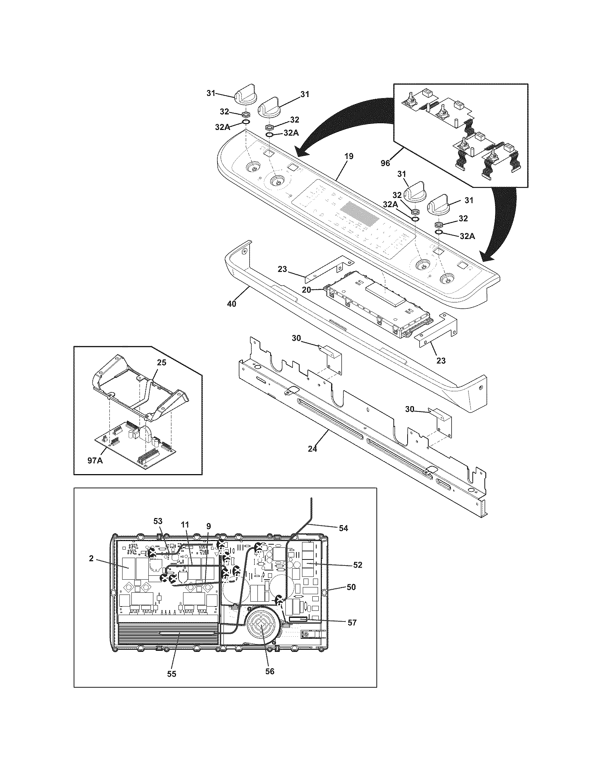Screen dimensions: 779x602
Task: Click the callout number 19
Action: (349, 156)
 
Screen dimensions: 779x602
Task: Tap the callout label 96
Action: (385, 163)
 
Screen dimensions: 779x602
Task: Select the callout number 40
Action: (232, 304)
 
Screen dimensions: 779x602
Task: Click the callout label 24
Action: (312, 449)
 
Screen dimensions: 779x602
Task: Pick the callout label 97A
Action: (95, 460)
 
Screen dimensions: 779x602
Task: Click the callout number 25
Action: (162, 362)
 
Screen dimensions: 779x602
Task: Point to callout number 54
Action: (343, 528)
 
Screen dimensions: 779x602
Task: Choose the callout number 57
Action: (352, 622)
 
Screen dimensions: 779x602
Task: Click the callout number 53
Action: (158, 521)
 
